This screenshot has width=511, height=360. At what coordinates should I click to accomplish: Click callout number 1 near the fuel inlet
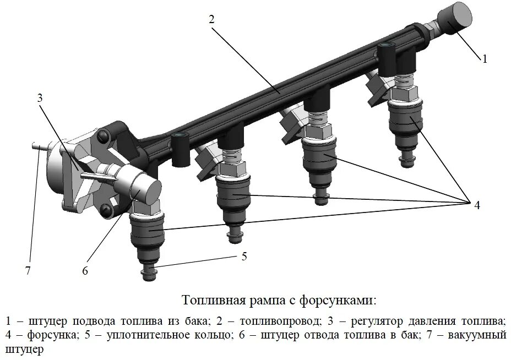pos(485,59)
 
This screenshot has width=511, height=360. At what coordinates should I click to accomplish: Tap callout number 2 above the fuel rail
pos(211,18)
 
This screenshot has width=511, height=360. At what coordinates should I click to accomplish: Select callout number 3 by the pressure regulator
pos(39,98)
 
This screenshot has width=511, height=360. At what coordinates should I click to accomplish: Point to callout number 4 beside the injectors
pos(477,205)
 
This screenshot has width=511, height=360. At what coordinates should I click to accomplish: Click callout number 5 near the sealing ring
pos(244,257)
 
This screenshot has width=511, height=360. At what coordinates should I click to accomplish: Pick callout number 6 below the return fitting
pos(85,271)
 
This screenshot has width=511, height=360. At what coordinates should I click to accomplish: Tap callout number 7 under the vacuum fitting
pos(28,270)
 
